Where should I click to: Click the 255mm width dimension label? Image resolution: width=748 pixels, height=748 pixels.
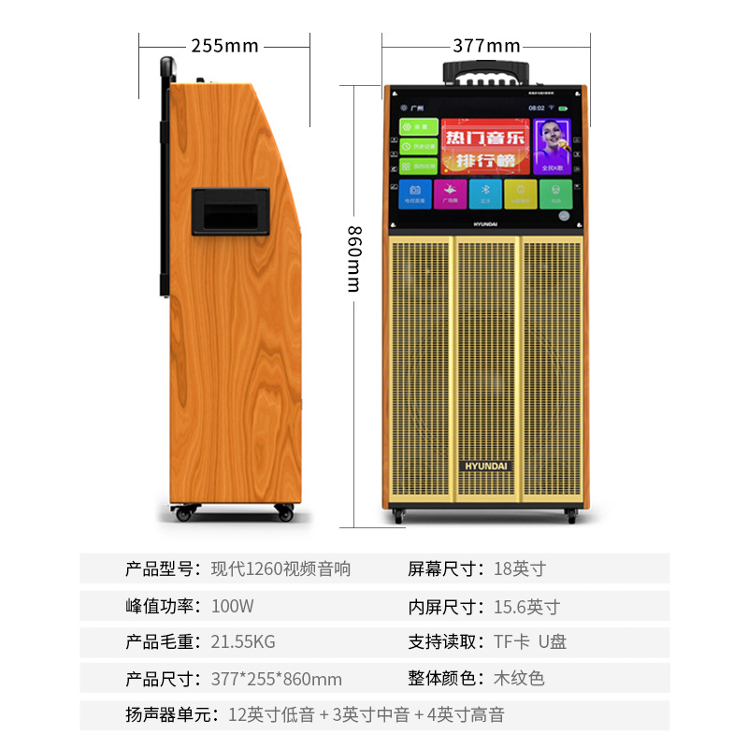[x=224, y=45]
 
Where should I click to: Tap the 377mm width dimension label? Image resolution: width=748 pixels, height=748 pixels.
[x=486, y=45]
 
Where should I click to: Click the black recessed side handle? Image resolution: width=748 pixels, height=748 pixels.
[x=230, y=210]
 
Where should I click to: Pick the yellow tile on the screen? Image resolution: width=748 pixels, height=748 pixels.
[x=521, y=194]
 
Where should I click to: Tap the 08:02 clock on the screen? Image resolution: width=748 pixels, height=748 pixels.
[x=536, y=108]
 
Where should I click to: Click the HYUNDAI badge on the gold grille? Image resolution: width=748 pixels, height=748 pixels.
[x=485, y=465]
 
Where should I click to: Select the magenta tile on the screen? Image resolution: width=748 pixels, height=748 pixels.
[x=449, y=194]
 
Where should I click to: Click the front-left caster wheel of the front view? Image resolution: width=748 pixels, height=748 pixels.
[x=398, y=515]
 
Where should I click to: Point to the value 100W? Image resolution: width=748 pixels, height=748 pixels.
[x=233, y=606]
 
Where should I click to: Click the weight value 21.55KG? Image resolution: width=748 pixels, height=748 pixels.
[x=243, y=642]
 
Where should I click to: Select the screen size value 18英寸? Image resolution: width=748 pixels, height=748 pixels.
[x=519, y=568]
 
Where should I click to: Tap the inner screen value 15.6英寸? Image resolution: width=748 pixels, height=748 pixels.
[x=526, y=606]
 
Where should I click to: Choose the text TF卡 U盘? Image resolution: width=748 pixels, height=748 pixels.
[x=530, y=642]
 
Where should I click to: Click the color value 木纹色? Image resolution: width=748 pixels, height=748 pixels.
[x=519, y=679]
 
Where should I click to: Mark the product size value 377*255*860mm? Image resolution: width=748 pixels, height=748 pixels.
[x=277, y=679]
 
